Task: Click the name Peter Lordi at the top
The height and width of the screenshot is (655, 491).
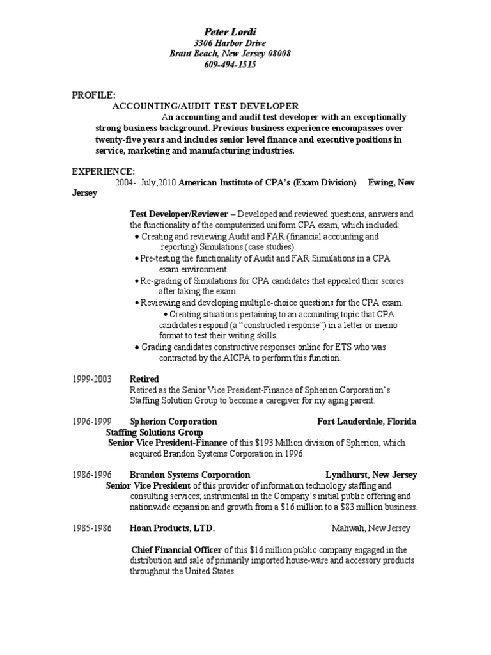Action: [x=230, y=32]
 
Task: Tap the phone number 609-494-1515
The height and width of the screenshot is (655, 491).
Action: [x=230, y=65]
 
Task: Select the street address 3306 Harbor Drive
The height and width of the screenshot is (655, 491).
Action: [x=230, y=43]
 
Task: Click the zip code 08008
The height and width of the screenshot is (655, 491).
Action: [x=278, y=54]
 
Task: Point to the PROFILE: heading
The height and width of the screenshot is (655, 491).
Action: [x=93, y=95]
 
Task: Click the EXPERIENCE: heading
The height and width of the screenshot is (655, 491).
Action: [x=103, y=171]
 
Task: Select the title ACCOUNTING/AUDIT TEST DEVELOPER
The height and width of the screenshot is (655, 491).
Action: [x=205, y=106]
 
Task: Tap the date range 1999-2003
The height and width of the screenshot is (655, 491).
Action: [x=91, y=379]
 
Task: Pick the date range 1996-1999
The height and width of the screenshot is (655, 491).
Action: [x=91, y=422]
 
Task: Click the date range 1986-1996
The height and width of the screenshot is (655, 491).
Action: [x=91, y=475]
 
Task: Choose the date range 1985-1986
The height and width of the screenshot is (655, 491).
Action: [x=91, y=528]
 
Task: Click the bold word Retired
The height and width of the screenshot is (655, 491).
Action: [x=144, y=379]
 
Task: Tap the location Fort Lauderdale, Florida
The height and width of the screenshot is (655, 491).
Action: [x=367, y=422]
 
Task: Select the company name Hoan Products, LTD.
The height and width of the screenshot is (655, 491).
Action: [x=172, y=528]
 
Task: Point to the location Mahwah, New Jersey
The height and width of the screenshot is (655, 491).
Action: [x=371, y=528]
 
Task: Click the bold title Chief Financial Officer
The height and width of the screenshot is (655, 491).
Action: [x=176, y=550]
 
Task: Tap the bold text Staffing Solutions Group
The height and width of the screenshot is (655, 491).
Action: [x=154, y=432]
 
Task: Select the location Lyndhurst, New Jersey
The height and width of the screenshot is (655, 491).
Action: [x=371, y=475]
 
